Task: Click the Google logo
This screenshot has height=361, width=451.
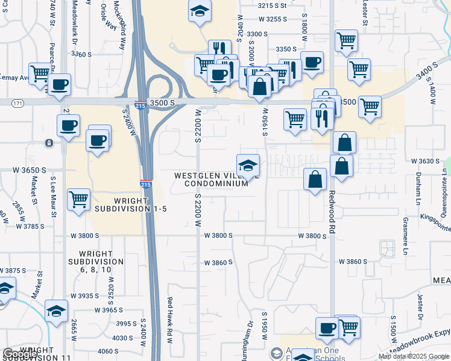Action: click(x=19, y=354)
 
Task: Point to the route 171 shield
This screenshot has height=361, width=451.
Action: click(x=17, y=104)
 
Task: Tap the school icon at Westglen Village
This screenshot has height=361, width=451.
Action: click(x=248, y=165)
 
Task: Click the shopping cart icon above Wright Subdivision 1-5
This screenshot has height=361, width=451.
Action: click(x=78, y=199)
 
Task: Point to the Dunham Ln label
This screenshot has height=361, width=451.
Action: click(x=417, y=186)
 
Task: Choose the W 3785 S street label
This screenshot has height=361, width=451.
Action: click(x=30, y=227)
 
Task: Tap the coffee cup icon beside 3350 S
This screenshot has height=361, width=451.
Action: click(x=311, y=62)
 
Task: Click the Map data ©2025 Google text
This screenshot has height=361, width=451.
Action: click(x=414, y=356)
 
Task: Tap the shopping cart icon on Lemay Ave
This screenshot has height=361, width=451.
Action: click(x=40, y=74)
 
